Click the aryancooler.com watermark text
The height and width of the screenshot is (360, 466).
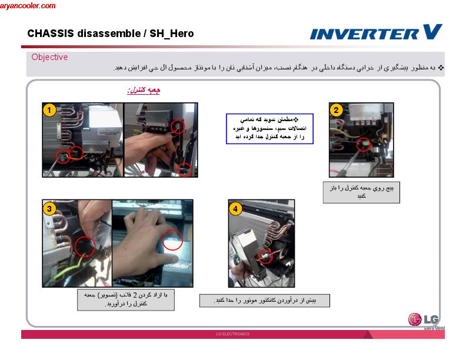click(28, 6)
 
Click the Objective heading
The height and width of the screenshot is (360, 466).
click(49, 57)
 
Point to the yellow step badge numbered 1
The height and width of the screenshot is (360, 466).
click(50, 110)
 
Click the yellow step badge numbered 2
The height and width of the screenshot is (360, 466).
click(336, 110)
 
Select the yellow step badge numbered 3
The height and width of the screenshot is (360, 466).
click(50, 208)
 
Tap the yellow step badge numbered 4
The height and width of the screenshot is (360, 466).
click(235, 208)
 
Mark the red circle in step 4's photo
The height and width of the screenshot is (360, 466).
click(267, 255)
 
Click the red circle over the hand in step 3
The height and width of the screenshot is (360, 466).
click(172, 240)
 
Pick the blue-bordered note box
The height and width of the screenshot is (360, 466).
click(269, 128)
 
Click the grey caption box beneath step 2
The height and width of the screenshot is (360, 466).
click(361, 192)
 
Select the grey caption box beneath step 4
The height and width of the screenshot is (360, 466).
click(264, 301)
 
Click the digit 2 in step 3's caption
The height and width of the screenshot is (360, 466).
click(134, 295)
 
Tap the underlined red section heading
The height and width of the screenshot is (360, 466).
click(144, 91)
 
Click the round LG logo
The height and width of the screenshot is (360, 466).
click(415, 320)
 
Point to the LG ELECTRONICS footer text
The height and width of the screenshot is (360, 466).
click(233, 334)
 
